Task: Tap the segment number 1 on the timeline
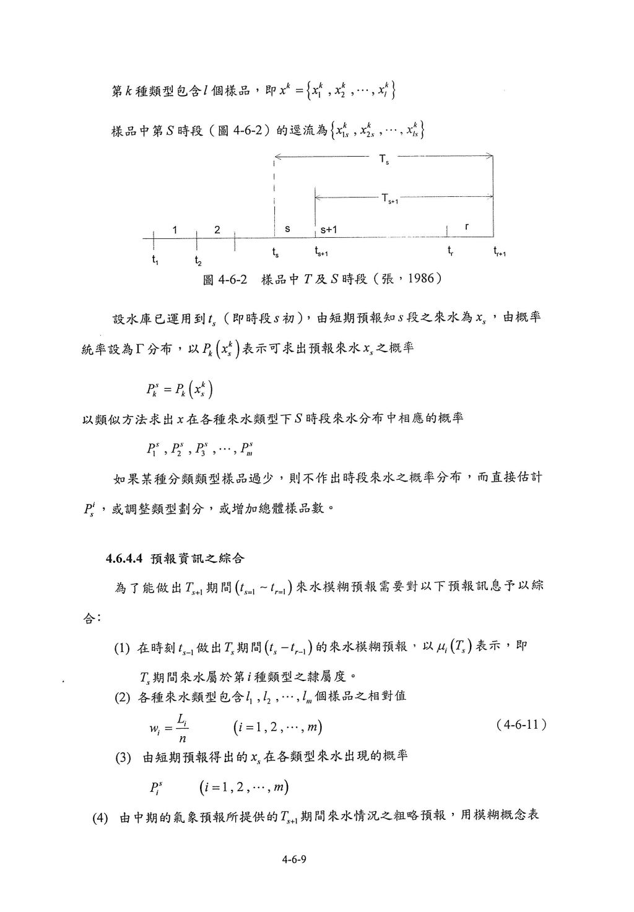(x=175, y=230)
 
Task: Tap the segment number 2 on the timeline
(x=217, y=230)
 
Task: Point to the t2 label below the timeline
(x=197, y=261)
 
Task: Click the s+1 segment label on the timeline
(x=328, y=230)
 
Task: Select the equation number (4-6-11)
(x=521, y=724)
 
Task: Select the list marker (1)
(x=121, y=648)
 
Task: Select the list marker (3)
(x=124, y=757)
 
